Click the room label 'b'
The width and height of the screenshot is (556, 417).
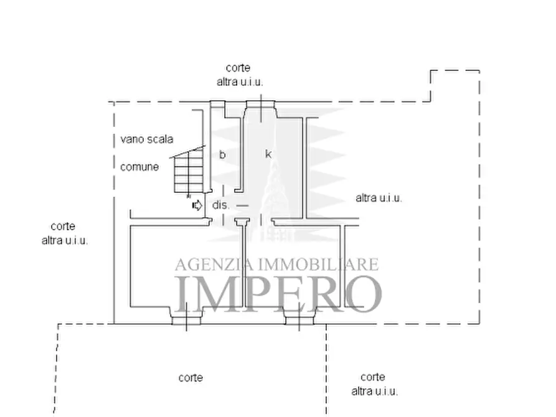pyautogui.click(x=222, y=154)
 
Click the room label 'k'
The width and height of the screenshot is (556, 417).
pyautogui.click(x=268, y=154)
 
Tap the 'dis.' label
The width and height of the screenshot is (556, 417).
pyautogui.click(x=221, y=205)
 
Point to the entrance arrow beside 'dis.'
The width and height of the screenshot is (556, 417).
pyautogui.click(x=197, y=205)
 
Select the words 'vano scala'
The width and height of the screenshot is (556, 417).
pyautogui.click(x=147, y=139)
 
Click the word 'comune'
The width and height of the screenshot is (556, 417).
pyautogui.click(x=139, y=167)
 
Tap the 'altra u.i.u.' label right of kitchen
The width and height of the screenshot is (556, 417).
pyautogui.click(x=379, y=198)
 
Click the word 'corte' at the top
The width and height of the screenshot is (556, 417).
pyautogui.click(x=238, y=68)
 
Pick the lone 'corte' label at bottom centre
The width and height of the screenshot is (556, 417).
pyautogui.click(x=191, y=378)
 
